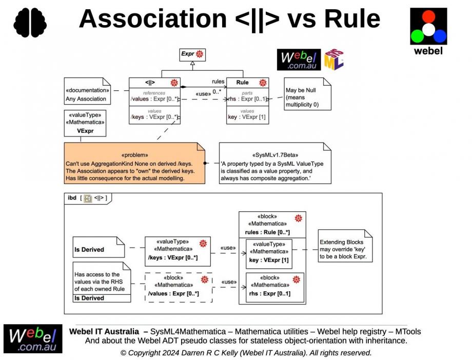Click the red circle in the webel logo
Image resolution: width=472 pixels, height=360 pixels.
428,16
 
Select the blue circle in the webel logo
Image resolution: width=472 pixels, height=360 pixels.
440,36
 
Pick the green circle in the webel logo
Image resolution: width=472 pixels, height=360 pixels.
417,36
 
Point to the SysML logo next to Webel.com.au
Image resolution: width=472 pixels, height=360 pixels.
333,59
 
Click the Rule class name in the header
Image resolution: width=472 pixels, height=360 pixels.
242,82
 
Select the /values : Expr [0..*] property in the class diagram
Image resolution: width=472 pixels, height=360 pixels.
154,99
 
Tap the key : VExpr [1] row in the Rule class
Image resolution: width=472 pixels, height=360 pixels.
247,117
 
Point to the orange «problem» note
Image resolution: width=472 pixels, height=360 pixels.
134,163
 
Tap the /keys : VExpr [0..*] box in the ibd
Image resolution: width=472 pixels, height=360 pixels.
178,251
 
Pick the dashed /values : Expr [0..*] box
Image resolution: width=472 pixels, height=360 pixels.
178,287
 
